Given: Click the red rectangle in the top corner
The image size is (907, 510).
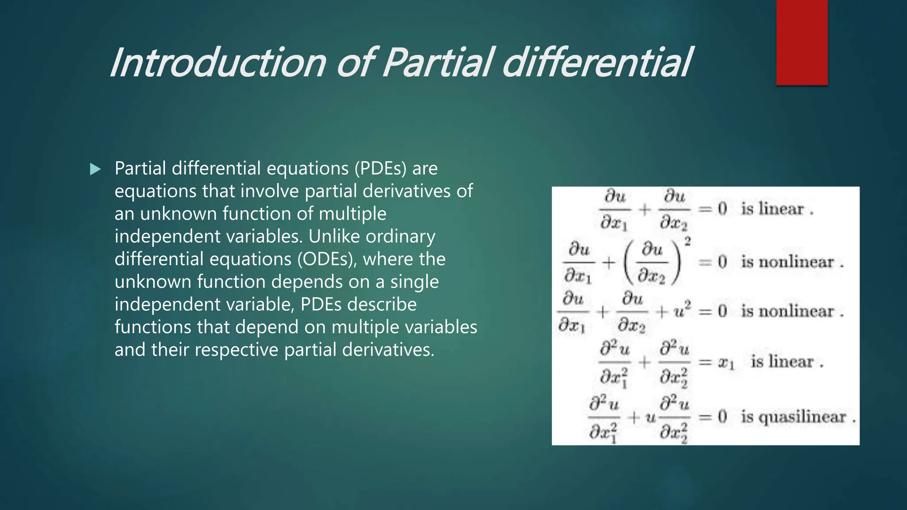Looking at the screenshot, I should click(802, 42).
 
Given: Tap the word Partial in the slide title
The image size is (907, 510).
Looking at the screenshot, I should click(436, 63).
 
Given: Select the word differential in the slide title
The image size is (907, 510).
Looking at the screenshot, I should click(596, 63).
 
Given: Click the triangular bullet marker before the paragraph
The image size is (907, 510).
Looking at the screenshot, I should click(95, 169).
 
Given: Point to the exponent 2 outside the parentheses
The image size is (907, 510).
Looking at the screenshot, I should click(687, 241).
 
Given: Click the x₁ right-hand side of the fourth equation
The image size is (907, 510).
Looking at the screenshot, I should click(726, 363).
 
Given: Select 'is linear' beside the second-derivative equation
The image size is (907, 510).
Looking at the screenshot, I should click(782, 362).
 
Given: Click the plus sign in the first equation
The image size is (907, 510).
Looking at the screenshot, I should click(645, 209).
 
